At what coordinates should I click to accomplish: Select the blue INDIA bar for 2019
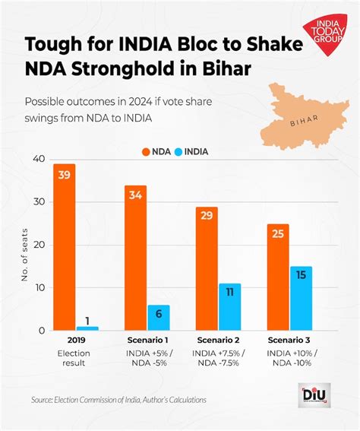coord(87,328)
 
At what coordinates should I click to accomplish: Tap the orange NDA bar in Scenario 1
coord(136,258)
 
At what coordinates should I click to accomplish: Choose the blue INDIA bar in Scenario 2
coord(229,307)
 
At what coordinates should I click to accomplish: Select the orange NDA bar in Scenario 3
coord(277,277)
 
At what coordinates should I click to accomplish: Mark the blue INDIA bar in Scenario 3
coord(300,298)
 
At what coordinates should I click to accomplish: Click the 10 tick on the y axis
coord(37,288)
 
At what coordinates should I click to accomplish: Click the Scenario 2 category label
coord(218,340)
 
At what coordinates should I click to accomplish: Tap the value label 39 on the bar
coord(64,176)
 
